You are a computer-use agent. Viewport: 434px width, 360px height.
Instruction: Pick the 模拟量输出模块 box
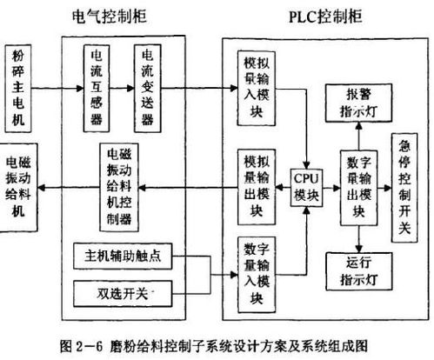[257, 184]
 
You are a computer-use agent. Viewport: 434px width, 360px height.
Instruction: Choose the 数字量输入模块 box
[257, 273]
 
